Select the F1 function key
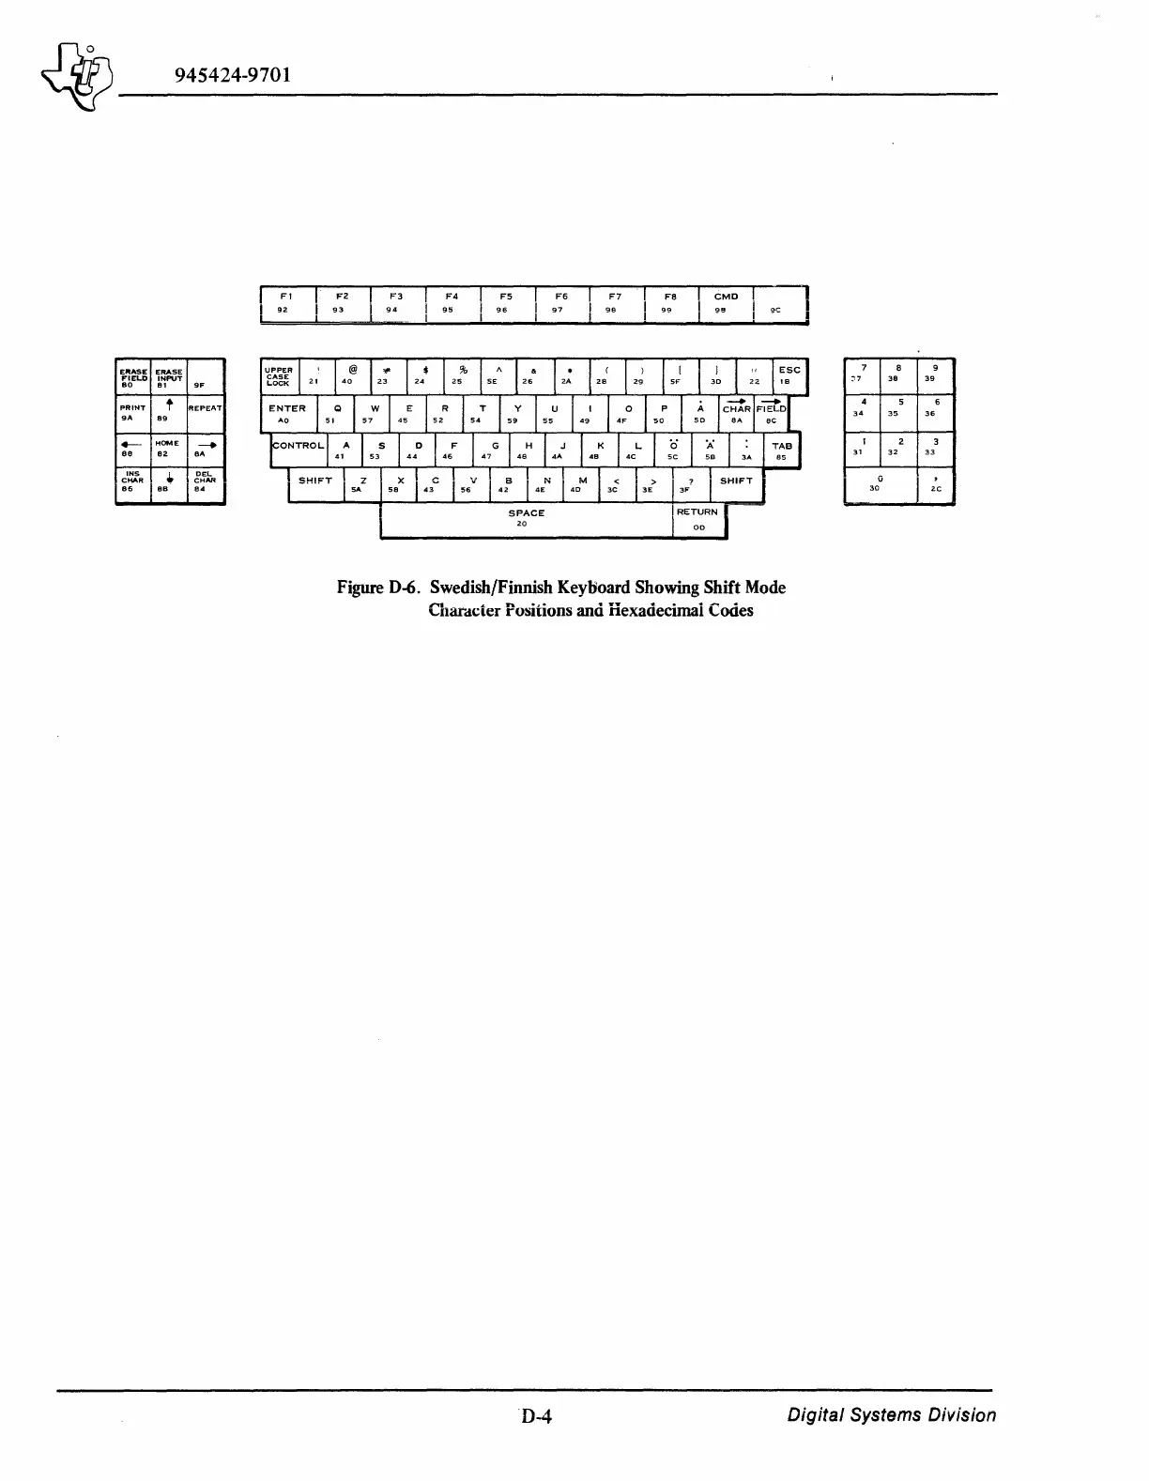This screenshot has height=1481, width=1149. click(287, 303)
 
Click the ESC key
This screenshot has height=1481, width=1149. click(789, 375)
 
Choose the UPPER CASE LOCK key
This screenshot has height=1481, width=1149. click(280, 376)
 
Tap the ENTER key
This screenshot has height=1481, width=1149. click(287, 414)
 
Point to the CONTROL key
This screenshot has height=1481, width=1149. click(299, 450)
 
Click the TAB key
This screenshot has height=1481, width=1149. click(782, 450)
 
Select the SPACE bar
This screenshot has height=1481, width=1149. click(526, 519)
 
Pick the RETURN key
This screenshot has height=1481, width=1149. click(697, 519)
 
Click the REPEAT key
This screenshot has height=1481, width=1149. click(206, 414)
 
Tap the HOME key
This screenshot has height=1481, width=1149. click(168, 450)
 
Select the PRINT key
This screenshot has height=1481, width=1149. click(131, 414)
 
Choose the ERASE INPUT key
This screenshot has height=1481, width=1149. click(168, 377)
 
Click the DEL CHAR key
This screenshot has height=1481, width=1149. click(206, 485)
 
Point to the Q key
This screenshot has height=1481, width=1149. click(335, 414)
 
